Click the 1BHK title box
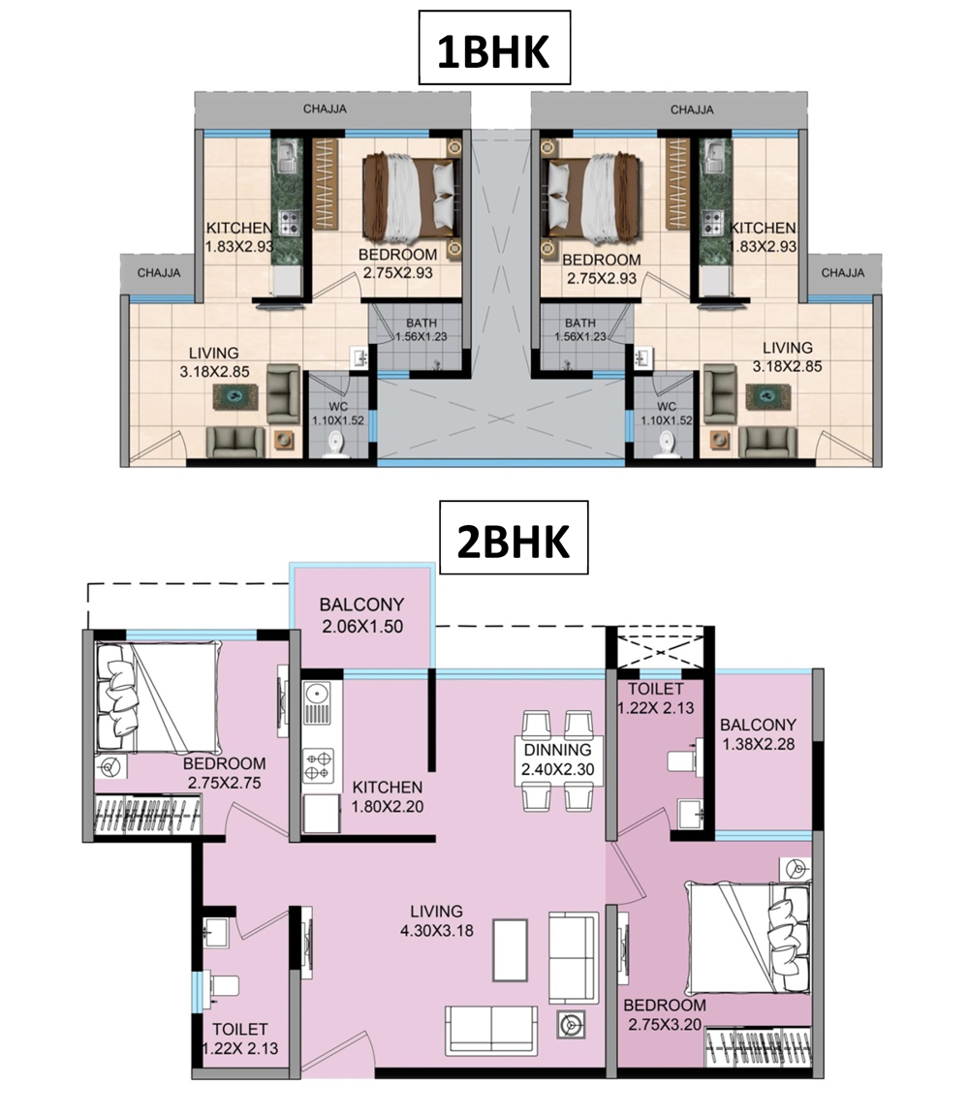pyautogui.click(x=494, y=47)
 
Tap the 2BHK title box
pyautogui.click(x=513, y=538)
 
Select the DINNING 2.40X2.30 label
pyautogui.click(x=558, y=759)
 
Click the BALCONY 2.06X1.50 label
pyautogui.click(x=362, y=615)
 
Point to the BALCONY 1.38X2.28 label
pyautogui.click(x=758, y=734)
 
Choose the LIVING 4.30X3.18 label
pyautogui.click(x=437, y=921)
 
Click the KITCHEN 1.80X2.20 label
pyautogui.click(x=388, y=797)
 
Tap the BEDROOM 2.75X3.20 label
pyautogui.click(x=665, y=1014)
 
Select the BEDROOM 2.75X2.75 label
pyautogui.click(x=224, y=773)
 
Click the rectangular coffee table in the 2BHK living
pyautogui.click(x=511, y=948)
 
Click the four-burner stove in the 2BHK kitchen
pyautogui.click(x=317, y=765)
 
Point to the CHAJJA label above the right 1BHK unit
pyautogui.click(x=692, y=109)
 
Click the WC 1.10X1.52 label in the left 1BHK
pyautogui.click(x=338, y=413)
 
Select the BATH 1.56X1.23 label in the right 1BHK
pyautogui.click(x=580, y=330)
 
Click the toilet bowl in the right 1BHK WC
pyautogui.click(x=666, y=446)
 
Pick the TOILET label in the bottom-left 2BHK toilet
pyautogui.click(x=240, y=1029)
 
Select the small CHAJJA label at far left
pyautogui.click(x=159, y=273)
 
